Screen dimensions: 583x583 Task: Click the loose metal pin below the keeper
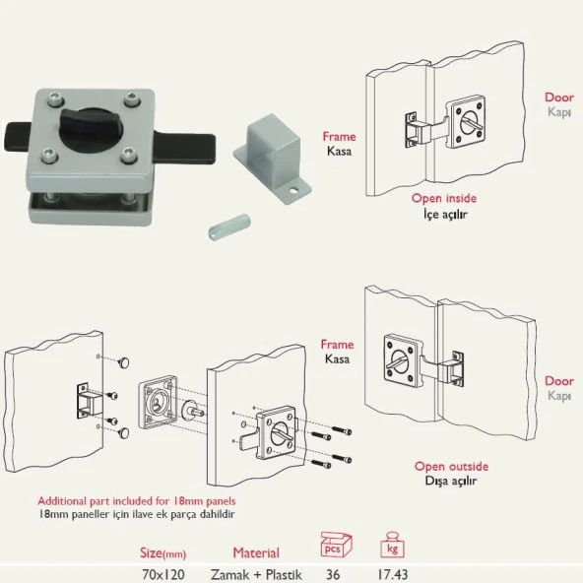(x=229, y=226)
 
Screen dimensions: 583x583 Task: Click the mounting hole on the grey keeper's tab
(x=294, y=192)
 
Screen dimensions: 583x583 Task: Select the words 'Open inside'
(x=443, y=198)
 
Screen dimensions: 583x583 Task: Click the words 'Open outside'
(x=451, y=466)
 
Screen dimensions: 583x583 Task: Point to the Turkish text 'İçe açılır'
(x=445, y=214)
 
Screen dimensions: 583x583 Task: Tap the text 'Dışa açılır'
(x=451, y=481)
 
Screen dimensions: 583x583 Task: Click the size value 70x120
(x=163, y=574)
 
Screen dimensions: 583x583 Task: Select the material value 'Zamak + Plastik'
(x=256, y=574)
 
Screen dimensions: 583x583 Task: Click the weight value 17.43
(x=393, y=574)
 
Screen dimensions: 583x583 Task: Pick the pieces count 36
(x=333, y=574)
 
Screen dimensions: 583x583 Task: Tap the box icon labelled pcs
(x=336, y=545)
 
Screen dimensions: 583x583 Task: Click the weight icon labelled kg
(x=392, y=545)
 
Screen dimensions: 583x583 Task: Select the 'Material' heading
(x=256, y=552)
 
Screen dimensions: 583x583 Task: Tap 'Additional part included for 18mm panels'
(x=137, y=501)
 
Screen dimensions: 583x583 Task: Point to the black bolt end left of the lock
(x=18, y=137)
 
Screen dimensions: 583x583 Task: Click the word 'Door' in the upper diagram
(x=559, y=97)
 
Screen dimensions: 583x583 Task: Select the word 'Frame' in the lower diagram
(x=337, y=345)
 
